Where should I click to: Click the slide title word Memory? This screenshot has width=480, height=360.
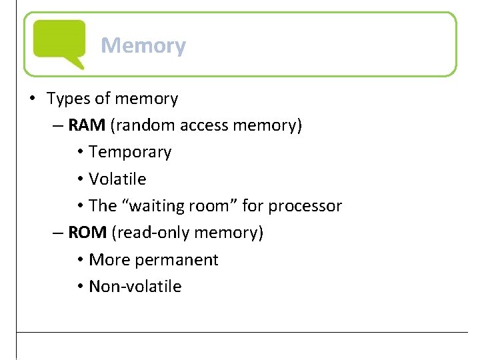143,46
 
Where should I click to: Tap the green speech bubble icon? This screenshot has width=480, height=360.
59,43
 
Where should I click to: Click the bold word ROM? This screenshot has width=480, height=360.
87,233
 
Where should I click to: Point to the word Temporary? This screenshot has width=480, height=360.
130,152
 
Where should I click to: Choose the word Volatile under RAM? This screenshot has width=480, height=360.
117,179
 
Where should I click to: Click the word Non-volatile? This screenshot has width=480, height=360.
135,287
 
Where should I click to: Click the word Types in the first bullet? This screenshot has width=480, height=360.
68,99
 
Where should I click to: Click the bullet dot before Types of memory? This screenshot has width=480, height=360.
32,99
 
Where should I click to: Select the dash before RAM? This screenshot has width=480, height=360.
58,126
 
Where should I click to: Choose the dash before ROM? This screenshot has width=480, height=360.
58,233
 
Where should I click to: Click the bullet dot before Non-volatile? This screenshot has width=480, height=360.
79,287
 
